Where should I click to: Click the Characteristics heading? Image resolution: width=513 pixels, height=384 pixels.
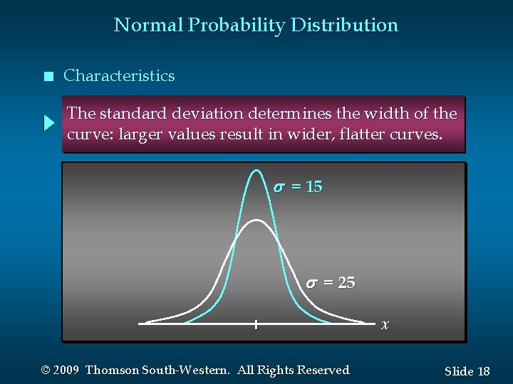[x=119, y=76]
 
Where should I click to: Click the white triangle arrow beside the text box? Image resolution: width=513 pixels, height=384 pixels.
[x=48, y=123]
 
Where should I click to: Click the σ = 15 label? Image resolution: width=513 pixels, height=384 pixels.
[x=298, y=187]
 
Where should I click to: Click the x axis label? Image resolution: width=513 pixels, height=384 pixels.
[x=385, y=325]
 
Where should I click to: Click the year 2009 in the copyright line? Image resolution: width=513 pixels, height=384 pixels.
[x=66, y=370]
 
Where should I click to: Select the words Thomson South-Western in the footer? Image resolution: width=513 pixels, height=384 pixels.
[x=157, y=370]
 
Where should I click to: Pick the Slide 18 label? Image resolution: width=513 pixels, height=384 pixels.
[x=467, y=371]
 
